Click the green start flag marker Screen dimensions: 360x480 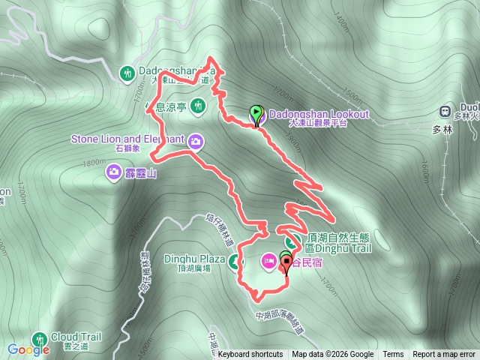click(256, 114)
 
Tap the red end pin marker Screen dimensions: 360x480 click(286, 262)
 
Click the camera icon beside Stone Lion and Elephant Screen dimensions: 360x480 click(196, 140)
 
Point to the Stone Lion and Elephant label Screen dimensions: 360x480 click(127, 139)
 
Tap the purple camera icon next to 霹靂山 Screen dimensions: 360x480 click(112, 173)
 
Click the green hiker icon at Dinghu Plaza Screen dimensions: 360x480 click(235, 262)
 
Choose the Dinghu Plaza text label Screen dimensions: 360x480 click(195, 260)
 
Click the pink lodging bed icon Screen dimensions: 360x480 click(268, 262)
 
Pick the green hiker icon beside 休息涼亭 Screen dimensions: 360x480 click(198, 106)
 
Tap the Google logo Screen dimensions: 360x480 click(28, 349)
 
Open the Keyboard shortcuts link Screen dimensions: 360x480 click(250, 355)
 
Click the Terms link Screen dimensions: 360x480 click(393, 355)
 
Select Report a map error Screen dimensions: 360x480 click(444, 355)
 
